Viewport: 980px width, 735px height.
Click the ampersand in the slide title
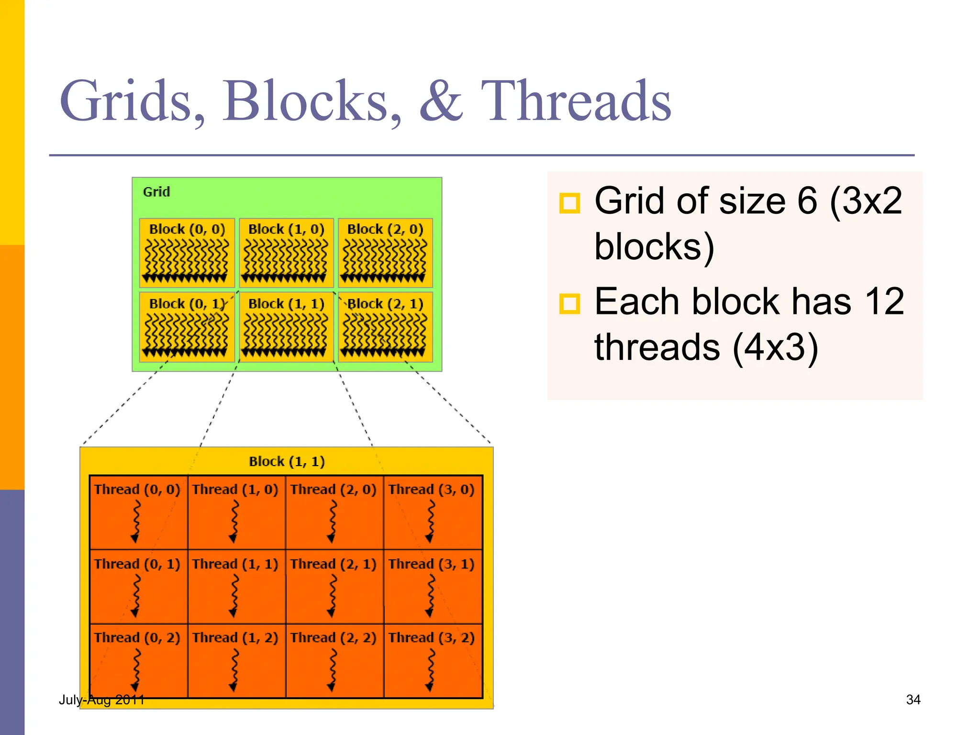coord(441,101)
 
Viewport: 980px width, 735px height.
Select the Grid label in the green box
coord(156,192)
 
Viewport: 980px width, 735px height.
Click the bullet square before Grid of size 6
coord(569,203)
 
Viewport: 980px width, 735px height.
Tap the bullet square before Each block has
coord(569,304)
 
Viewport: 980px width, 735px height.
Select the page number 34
coord(913,700)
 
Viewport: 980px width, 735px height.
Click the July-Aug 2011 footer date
coord(101,700)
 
